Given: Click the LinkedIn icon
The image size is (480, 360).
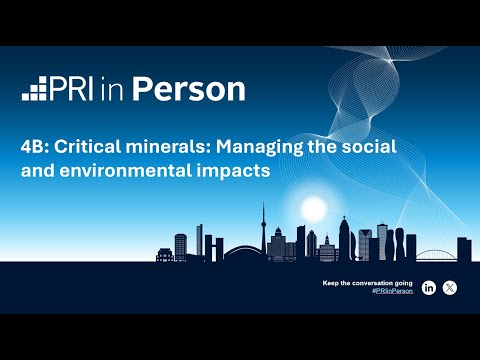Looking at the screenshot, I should [x=429, y=288].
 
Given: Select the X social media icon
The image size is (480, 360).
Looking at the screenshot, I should [x=450, y=288].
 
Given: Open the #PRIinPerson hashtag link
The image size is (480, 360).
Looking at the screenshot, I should [x=391, y=291].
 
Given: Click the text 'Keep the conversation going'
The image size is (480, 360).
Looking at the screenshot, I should [x=368, y=283].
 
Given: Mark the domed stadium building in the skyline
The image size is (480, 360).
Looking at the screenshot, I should [x=243, y=251].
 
